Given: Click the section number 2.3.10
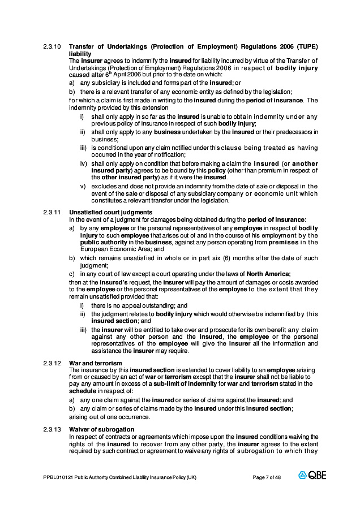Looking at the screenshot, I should (x=52, y=46).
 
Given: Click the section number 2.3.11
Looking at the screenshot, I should (x=52, y=212).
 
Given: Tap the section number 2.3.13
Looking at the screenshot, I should (x=52, y=429).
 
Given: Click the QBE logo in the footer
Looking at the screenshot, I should (x=312, y=476).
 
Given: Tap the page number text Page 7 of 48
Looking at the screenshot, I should (x=267, y=477).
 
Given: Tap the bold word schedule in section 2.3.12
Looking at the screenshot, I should (x=82, y=390).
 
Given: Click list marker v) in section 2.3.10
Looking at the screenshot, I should (x=83, y=186).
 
